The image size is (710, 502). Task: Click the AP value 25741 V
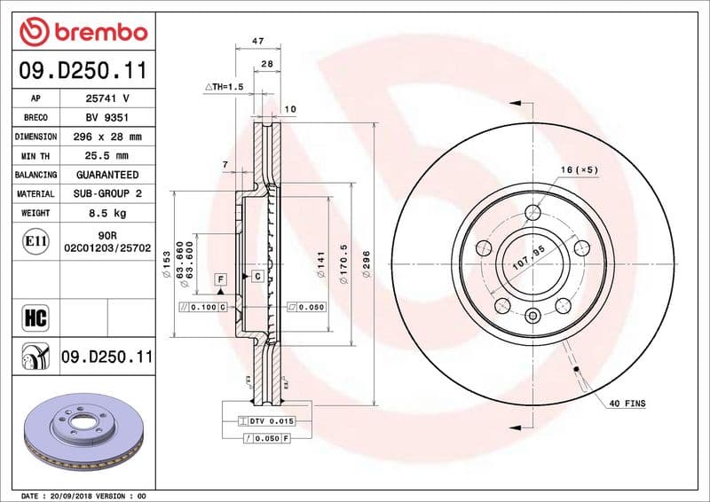pos(107,98)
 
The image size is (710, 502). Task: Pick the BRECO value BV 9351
pos(107,117)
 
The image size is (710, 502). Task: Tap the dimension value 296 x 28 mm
pos(107,137)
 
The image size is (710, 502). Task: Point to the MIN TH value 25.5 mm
pos(107,155)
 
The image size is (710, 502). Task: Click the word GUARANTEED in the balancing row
pos(107,175)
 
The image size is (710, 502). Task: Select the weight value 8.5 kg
pos(107,213)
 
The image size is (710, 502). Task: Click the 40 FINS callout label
pos(627,404)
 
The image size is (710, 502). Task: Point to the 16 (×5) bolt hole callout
pos(580,169)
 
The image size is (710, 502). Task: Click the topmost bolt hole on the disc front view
pos(532,212)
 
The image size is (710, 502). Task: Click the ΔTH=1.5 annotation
pos(224,87)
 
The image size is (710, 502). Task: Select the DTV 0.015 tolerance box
pos(265,420)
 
